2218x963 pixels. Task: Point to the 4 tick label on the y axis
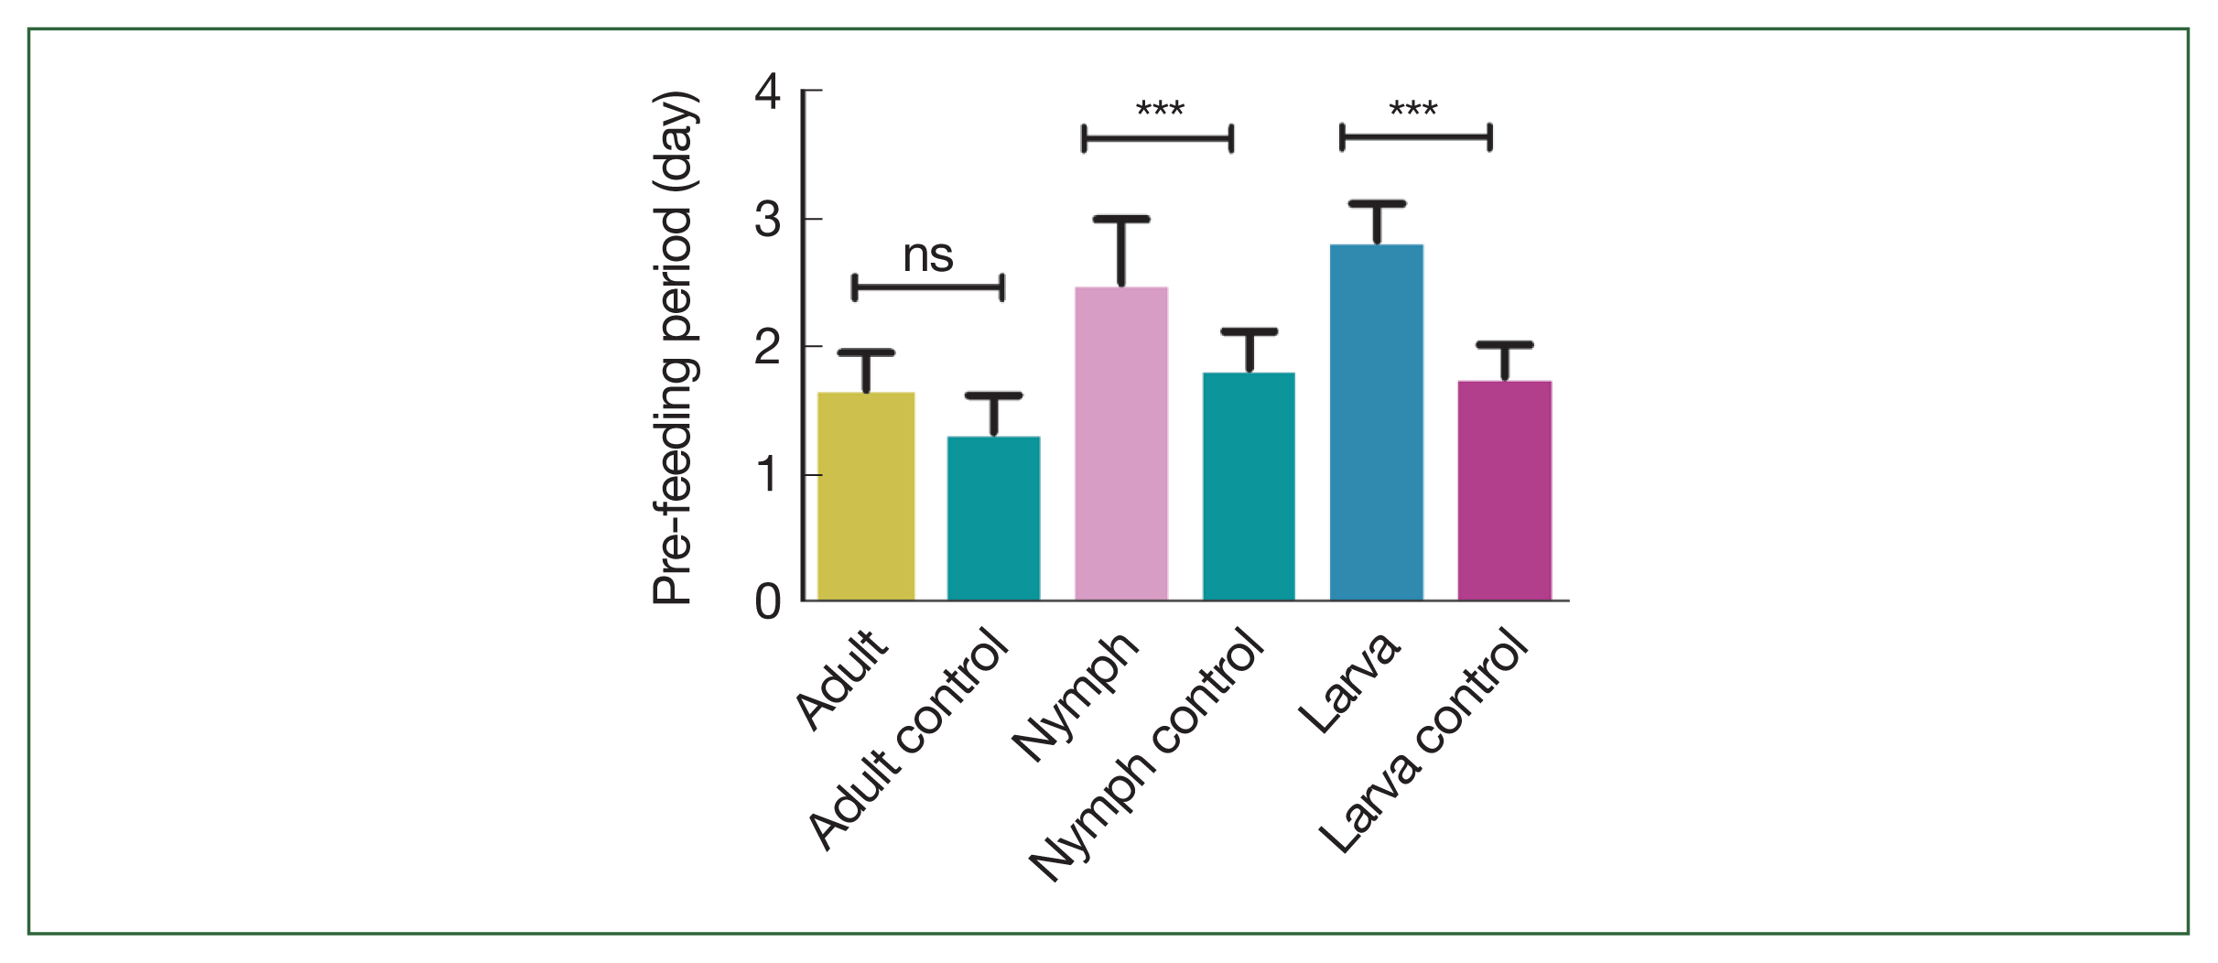(768, 92)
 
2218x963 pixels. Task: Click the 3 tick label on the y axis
(768, 220)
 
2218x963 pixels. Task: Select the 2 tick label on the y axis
(768, 347)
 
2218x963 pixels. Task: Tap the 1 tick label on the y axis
(768, 475)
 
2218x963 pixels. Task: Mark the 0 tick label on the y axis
(768, 602)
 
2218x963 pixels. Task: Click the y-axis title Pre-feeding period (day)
(674, 348)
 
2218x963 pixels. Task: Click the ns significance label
(928, 256)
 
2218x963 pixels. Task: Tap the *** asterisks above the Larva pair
(1413, 111)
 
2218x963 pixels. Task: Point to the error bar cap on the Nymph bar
(1120, 219)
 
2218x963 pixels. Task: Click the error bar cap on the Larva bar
(1376, 203)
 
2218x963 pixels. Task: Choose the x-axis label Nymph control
(1149, 755)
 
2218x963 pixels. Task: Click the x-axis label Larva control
(1423, 741)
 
